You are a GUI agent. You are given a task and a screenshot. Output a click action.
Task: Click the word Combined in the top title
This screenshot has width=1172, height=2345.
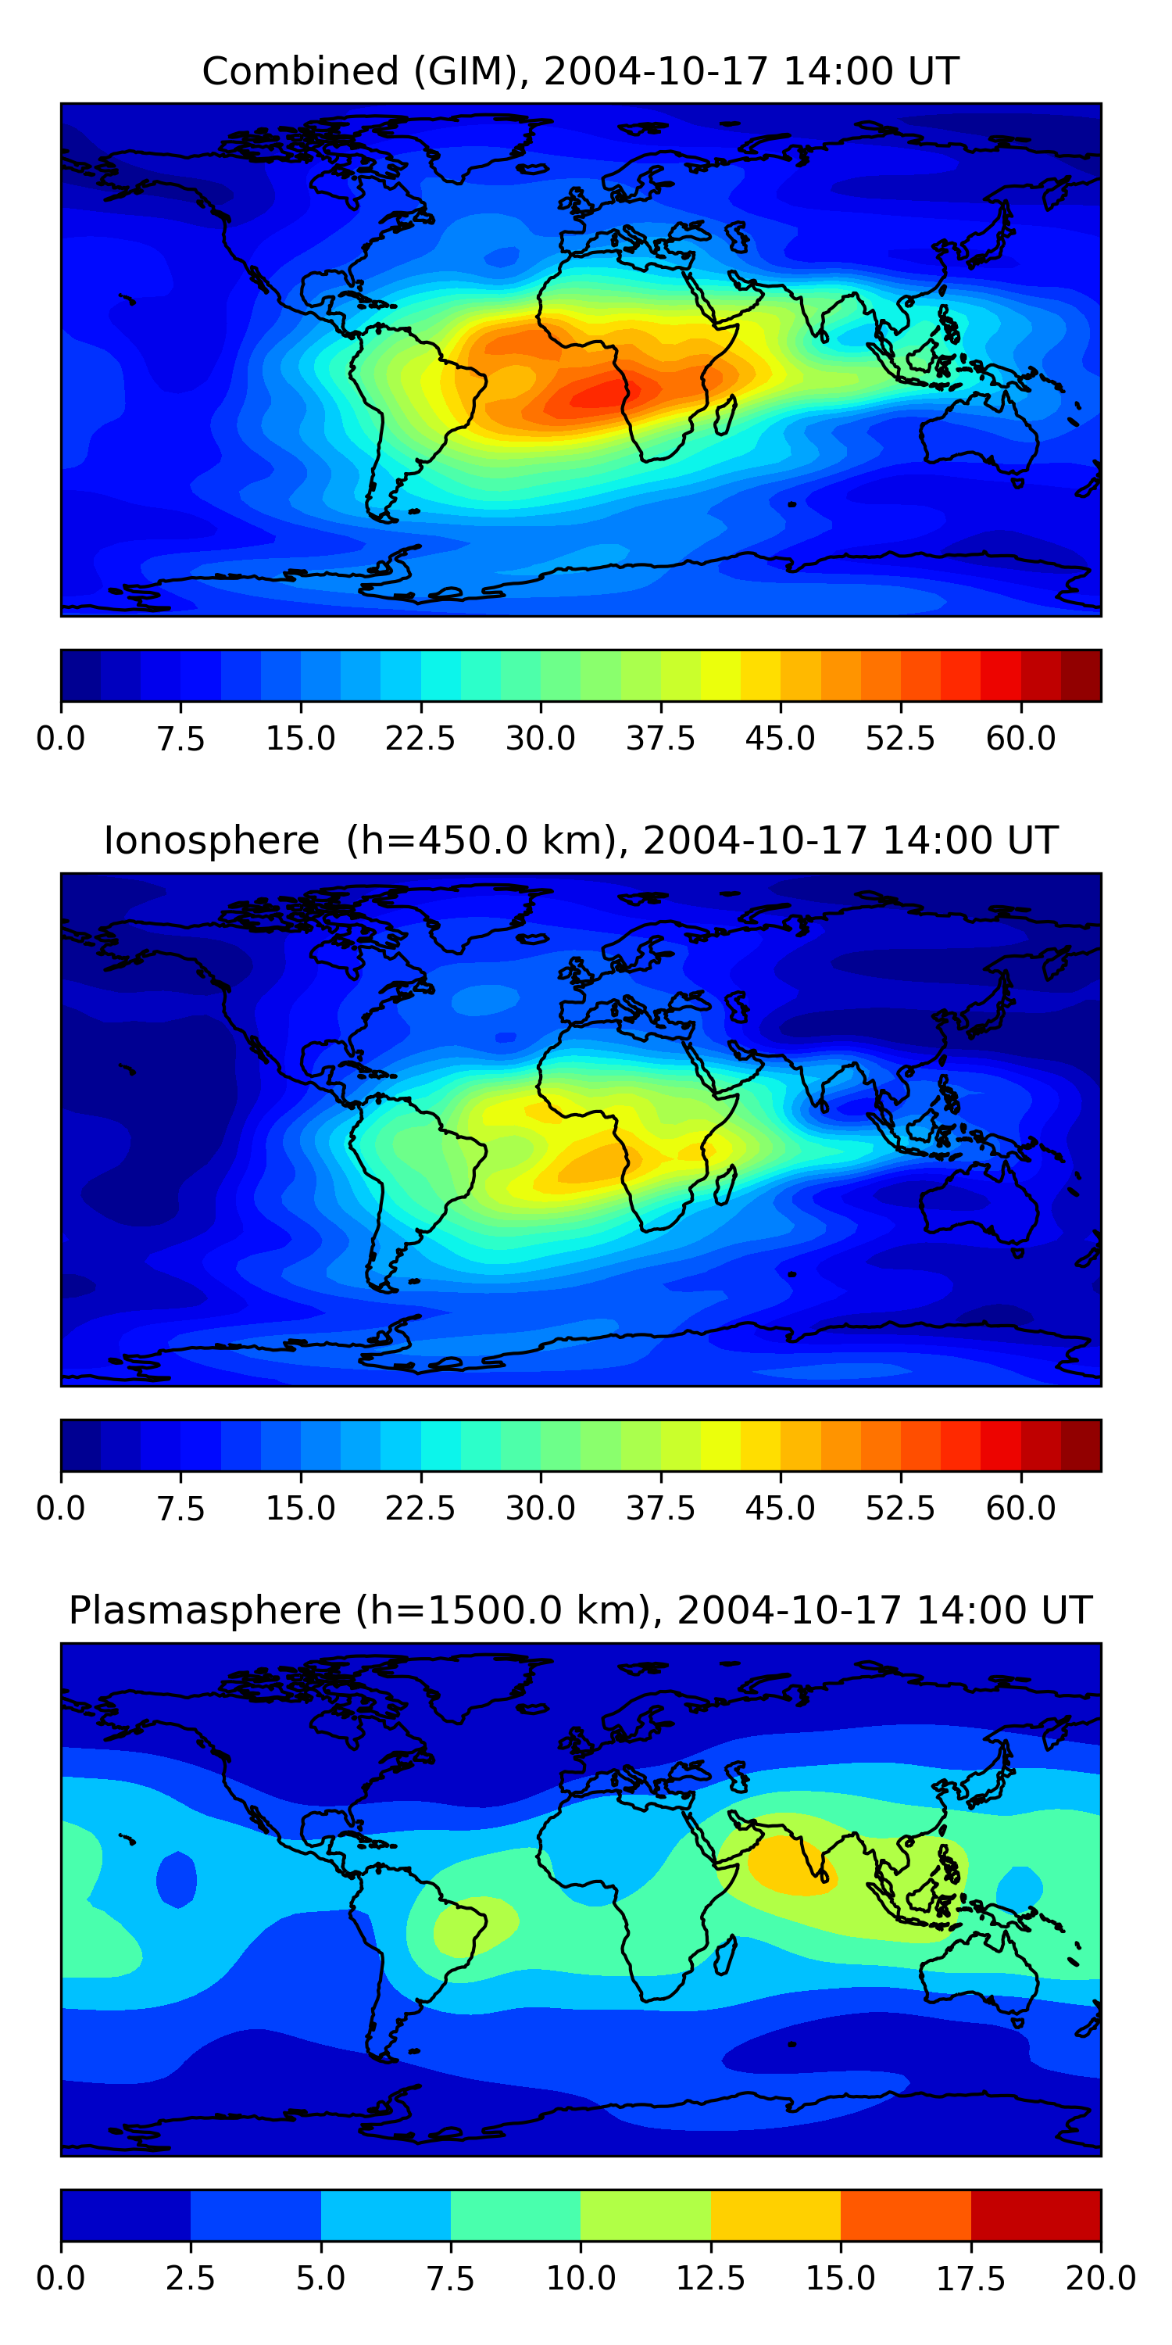pos(300,71)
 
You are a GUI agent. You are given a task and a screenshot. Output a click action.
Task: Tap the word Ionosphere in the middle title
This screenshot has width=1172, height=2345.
pos(211,840)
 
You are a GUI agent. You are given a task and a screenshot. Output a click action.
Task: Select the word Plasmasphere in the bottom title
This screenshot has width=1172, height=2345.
pos(205,1610)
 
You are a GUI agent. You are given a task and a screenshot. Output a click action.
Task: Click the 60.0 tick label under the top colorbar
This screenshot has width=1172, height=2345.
pos(1021,738)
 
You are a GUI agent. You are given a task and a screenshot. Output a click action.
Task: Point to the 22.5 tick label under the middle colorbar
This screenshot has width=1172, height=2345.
pos(420,1509)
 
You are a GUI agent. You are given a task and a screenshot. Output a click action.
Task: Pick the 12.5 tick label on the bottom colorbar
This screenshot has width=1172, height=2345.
pos(711,2279)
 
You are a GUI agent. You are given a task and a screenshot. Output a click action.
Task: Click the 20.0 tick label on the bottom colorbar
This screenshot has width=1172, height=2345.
pos(1100,2279)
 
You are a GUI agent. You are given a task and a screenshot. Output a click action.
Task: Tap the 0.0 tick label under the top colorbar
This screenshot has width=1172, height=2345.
pos(61,738)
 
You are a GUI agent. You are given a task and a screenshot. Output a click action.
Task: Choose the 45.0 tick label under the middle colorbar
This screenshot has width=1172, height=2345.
pos(781,1509)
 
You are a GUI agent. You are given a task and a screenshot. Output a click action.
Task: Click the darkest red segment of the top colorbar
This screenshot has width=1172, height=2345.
pos(1081,675)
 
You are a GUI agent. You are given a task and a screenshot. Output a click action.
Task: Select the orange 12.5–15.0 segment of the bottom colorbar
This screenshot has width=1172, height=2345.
pos(775,2214)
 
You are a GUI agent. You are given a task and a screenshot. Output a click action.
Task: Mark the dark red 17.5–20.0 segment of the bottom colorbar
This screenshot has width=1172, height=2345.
pos(1035,2214)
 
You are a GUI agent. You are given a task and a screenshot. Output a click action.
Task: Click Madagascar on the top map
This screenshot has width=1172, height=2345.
pos(725,415)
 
